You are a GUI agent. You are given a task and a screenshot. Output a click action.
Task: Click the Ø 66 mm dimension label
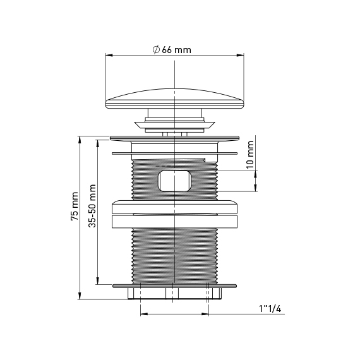172,50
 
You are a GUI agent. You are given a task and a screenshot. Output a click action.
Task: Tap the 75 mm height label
75,207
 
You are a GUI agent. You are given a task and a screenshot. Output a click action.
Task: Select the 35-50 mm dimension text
92,206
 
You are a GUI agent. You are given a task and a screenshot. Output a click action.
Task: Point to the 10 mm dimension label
250,155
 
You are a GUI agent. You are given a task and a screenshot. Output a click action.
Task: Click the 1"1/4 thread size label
270,309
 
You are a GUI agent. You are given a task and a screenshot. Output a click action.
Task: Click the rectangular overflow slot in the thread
175,181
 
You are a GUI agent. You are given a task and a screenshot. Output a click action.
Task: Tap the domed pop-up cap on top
175,99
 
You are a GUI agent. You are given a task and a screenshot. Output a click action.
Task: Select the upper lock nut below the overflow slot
175,207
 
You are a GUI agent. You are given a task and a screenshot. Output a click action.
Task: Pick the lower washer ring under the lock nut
175,221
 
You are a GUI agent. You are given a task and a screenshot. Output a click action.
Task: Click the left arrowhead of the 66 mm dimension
109,55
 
